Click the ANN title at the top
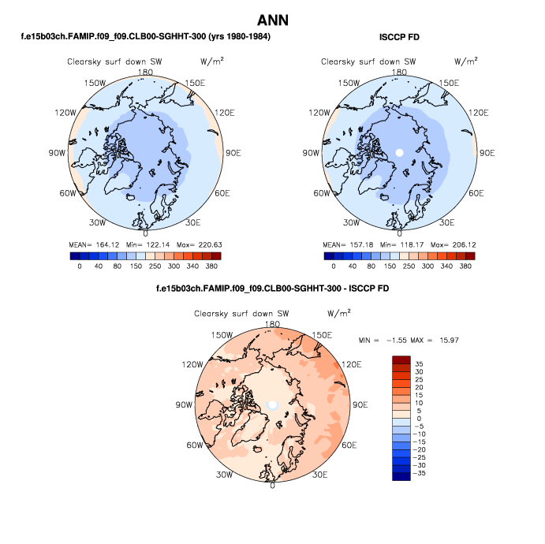coord(272,20)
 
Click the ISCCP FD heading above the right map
coord(398,37)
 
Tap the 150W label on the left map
coord(95,83)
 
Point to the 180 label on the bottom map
coord(273,324)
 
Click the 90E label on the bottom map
coord(360,404)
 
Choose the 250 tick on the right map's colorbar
coord(409,266)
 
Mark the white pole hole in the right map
coord(399,152)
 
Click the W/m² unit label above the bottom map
coord(337,313)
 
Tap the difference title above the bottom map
coord(273,289)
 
